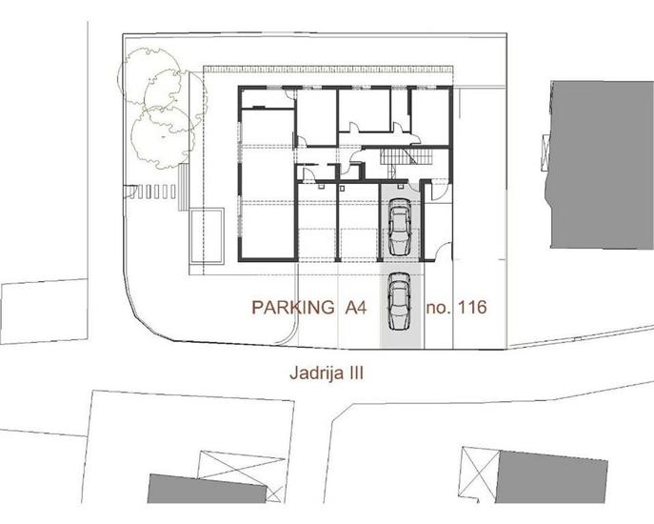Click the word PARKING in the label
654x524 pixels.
[x=292, y=308]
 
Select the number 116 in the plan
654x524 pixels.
[x=472, y=308]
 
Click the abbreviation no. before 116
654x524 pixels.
[x=438, y=308]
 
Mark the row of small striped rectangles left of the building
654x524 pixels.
[x=153, y=191]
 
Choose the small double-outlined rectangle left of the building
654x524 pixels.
[x=207, y=234]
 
